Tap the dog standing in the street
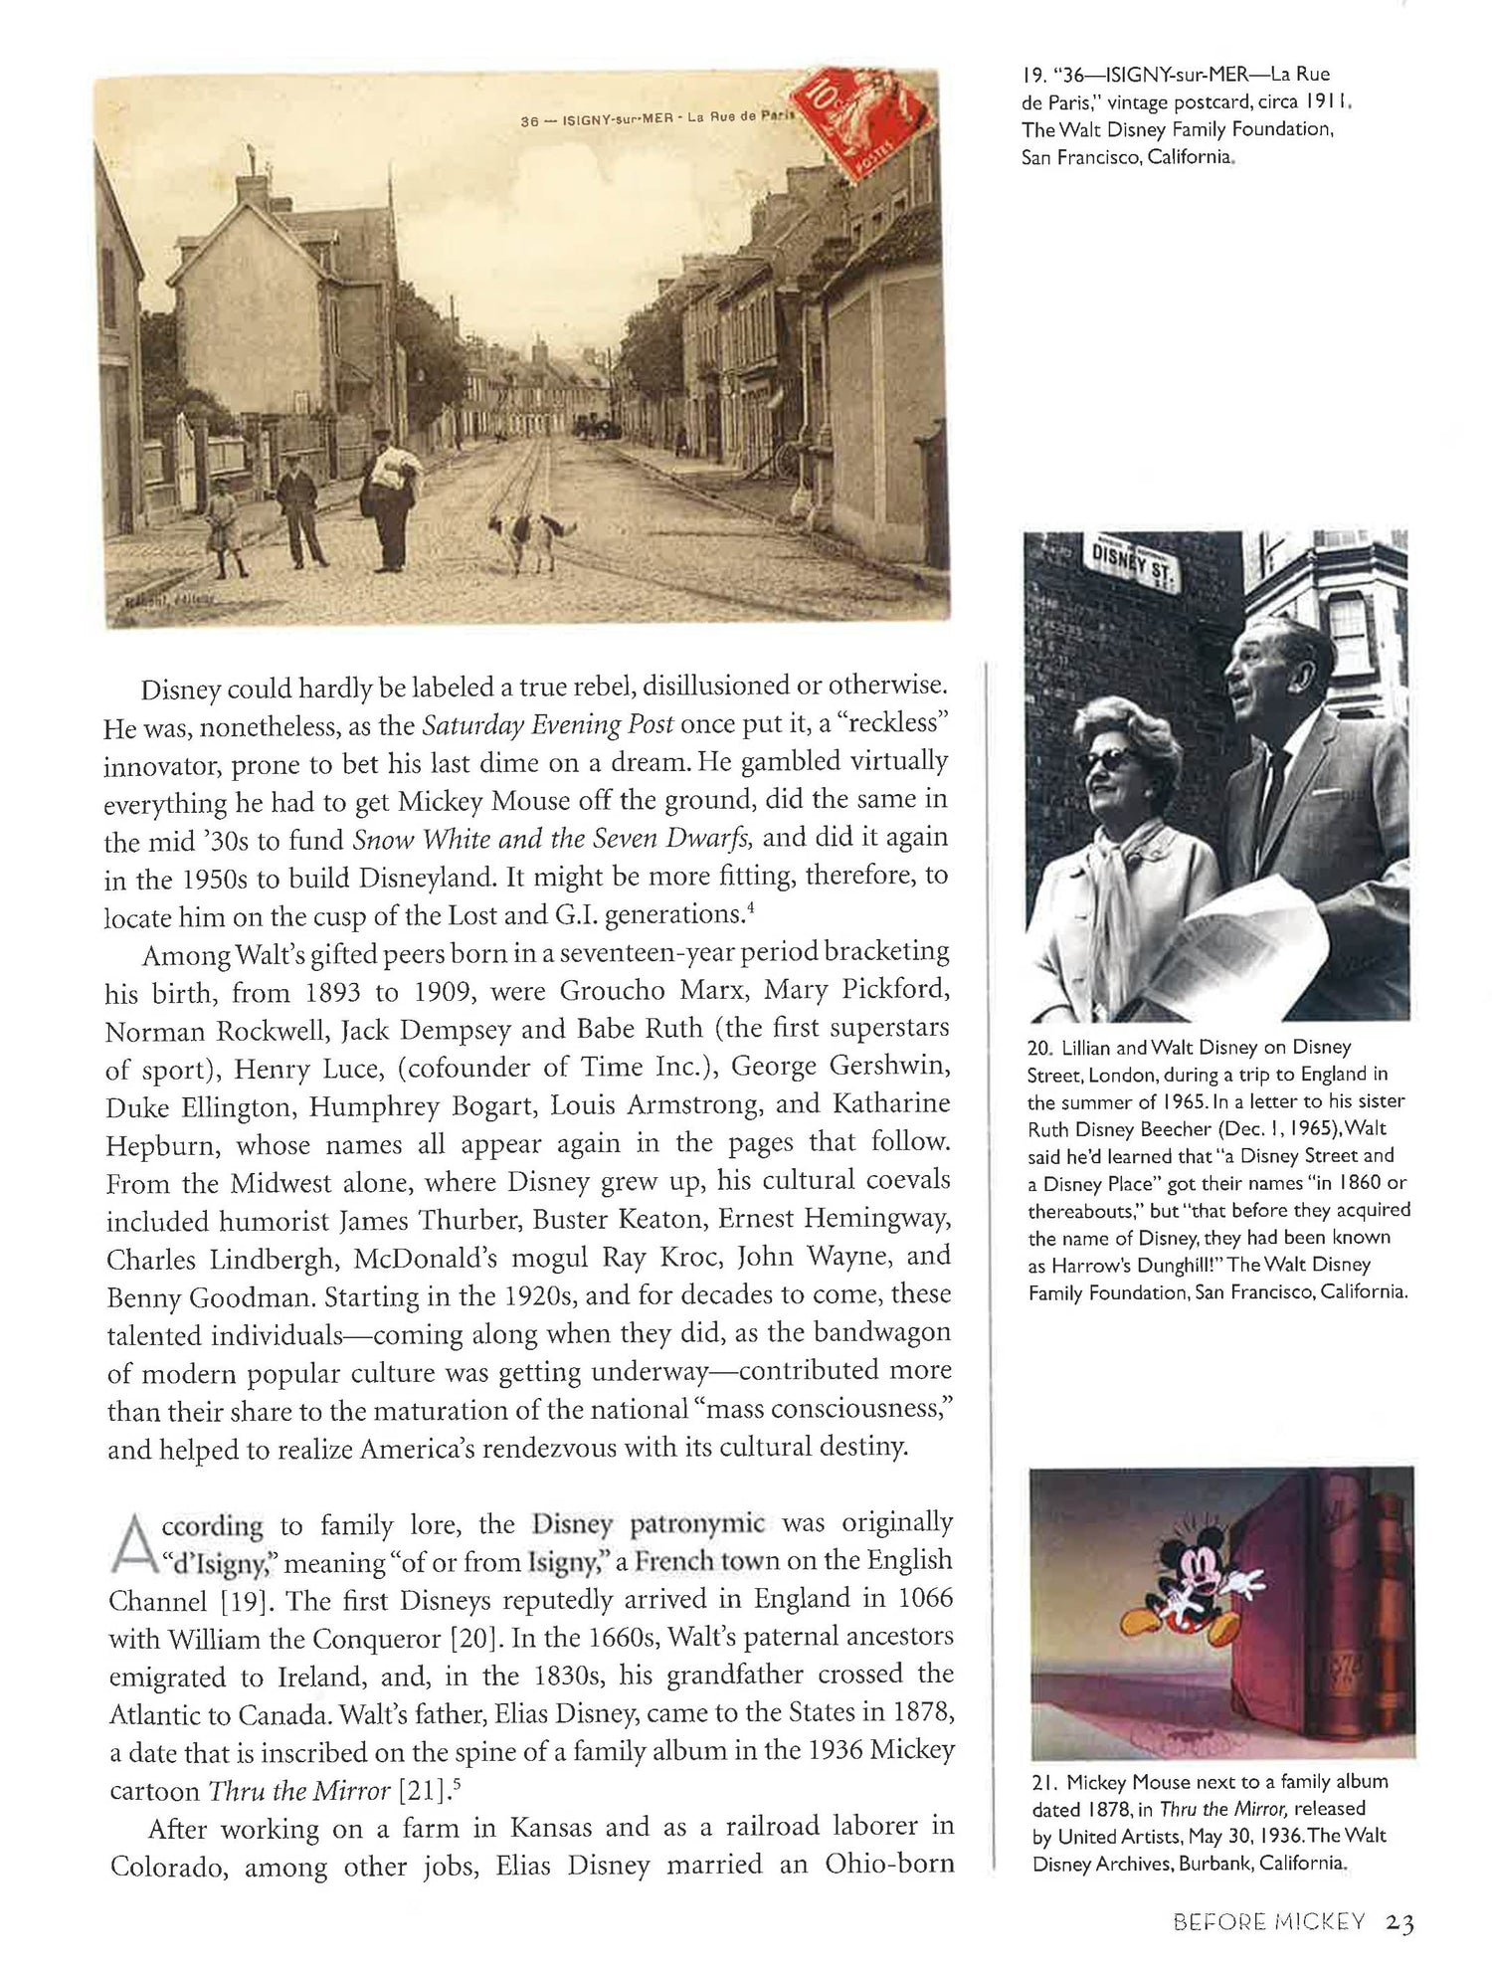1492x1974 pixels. (x=531, y=537)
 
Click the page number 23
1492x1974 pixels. (x=1399, y=1921)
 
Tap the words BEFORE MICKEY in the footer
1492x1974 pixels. (x=1269, y=1921)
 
